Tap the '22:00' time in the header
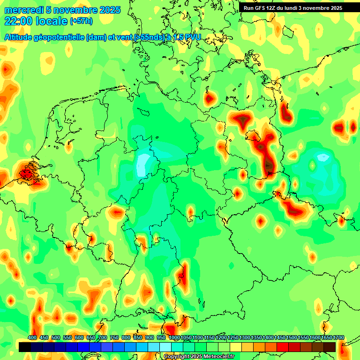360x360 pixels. [18, 21]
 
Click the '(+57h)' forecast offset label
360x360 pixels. [81, 21]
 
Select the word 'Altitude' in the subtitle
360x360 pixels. [21, 37]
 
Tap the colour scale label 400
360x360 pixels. [32, 338]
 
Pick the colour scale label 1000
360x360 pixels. [173, 338]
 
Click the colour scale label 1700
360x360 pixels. [326, 338]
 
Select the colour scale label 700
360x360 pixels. [103, 338]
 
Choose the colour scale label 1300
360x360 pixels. [244, 338]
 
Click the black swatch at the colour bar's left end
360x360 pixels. [25, 347]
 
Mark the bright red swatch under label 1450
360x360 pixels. [283, 347]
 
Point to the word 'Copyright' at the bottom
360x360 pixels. [177, 357]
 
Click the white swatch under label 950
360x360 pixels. [165, 347]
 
